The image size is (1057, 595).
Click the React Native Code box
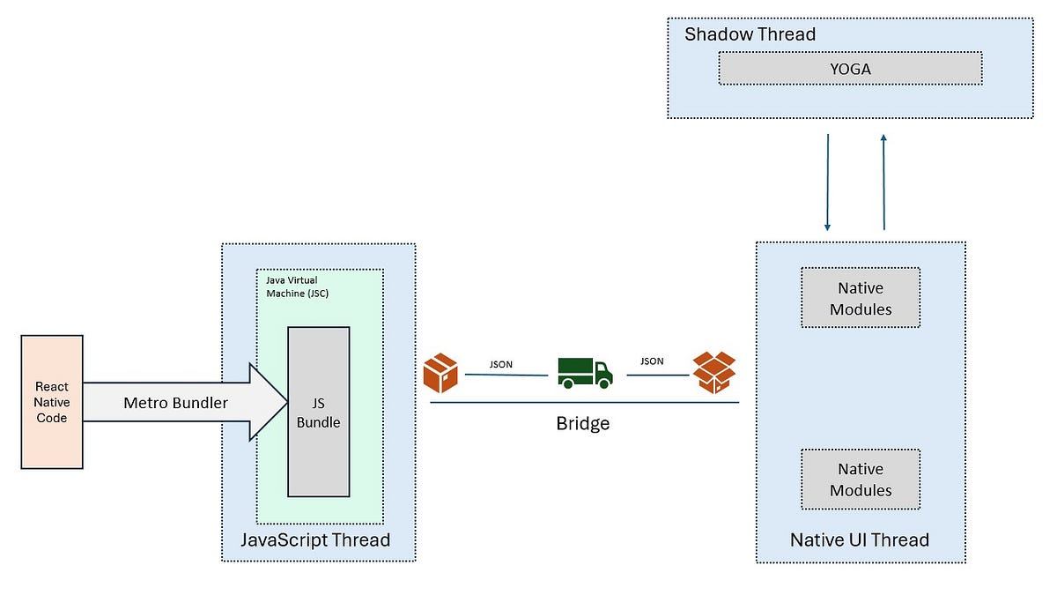click(51, 401)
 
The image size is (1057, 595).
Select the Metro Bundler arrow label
click(175, 403)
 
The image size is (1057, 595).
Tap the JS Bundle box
click(318, 412)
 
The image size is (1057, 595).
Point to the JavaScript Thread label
click(315, 539)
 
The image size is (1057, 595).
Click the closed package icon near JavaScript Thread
click(440, 372)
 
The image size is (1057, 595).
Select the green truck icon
click(585, 372)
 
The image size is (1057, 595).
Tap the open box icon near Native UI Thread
click(713, 372)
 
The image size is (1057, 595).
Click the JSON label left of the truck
click(501, 363)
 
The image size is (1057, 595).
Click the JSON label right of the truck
click(652, 361)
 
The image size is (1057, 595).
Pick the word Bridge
click(582, 423)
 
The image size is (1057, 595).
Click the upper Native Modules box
click(860, 298)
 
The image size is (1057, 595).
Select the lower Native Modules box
click(860, 480)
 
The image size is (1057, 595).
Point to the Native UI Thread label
click(859, 539)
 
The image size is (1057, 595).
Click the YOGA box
click(850, 68)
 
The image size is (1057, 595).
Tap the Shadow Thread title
click(750, 34)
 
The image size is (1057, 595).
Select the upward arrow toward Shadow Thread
click(883, 181)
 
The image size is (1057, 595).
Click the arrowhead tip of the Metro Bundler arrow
click(286, 402)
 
